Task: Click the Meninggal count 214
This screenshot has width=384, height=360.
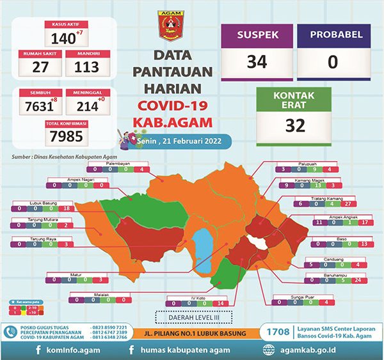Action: click(x=86, y=106)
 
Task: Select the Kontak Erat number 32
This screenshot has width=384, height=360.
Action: click(x=294, y=125)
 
